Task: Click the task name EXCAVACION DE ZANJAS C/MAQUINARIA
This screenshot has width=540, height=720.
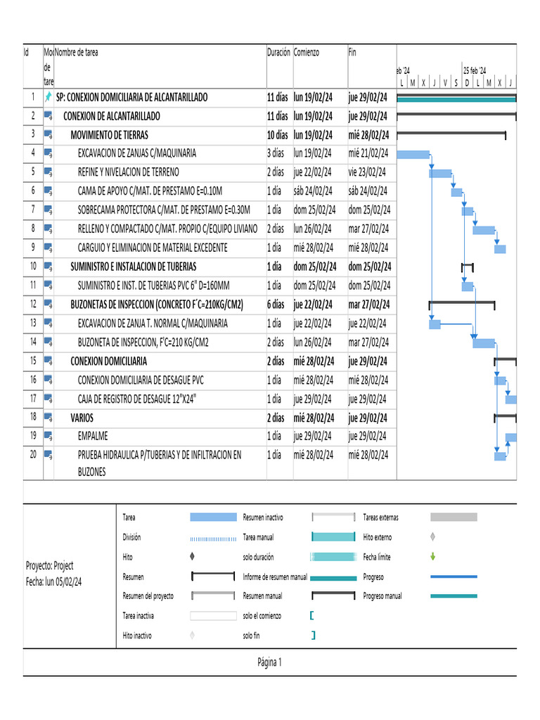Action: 137,153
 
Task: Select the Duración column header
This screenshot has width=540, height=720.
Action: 278,53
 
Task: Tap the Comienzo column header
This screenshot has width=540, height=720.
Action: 307,53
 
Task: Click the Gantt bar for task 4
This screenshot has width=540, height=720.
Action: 413,154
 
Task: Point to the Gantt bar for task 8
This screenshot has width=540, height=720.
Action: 484,230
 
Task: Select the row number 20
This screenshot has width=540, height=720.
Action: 32,455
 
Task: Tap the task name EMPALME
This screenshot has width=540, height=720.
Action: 93,435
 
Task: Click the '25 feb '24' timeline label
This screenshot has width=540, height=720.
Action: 475,70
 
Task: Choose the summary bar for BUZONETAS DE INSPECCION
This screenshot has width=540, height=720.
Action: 462,302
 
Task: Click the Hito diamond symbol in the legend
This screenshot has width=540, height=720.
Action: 193,556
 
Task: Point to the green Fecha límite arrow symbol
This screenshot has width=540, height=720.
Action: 432,556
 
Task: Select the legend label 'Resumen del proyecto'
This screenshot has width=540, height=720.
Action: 148,596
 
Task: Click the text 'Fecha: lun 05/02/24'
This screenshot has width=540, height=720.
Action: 53,581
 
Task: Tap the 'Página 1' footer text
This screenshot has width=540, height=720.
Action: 269,662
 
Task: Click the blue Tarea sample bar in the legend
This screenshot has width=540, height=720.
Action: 213,517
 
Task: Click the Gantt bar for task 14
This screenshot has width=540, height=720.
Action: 484,343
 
